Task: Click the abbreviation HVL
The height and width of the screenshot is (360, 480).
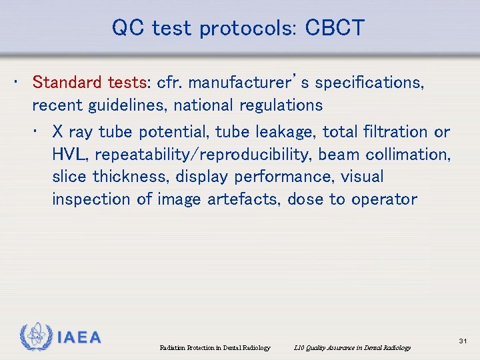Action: (x=70, y=155)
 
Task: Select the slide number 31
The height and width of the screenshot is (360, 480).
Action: (x=463, y=341)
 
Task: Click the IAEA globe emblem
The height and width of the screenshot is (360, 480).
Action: (x=35, y=337)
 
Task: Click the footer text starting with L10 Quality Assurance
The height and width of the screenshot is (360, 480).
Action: (x=352, y=348)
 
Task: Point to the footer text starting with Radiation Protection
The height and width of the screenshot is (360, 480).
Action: (x=215, y=348)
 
